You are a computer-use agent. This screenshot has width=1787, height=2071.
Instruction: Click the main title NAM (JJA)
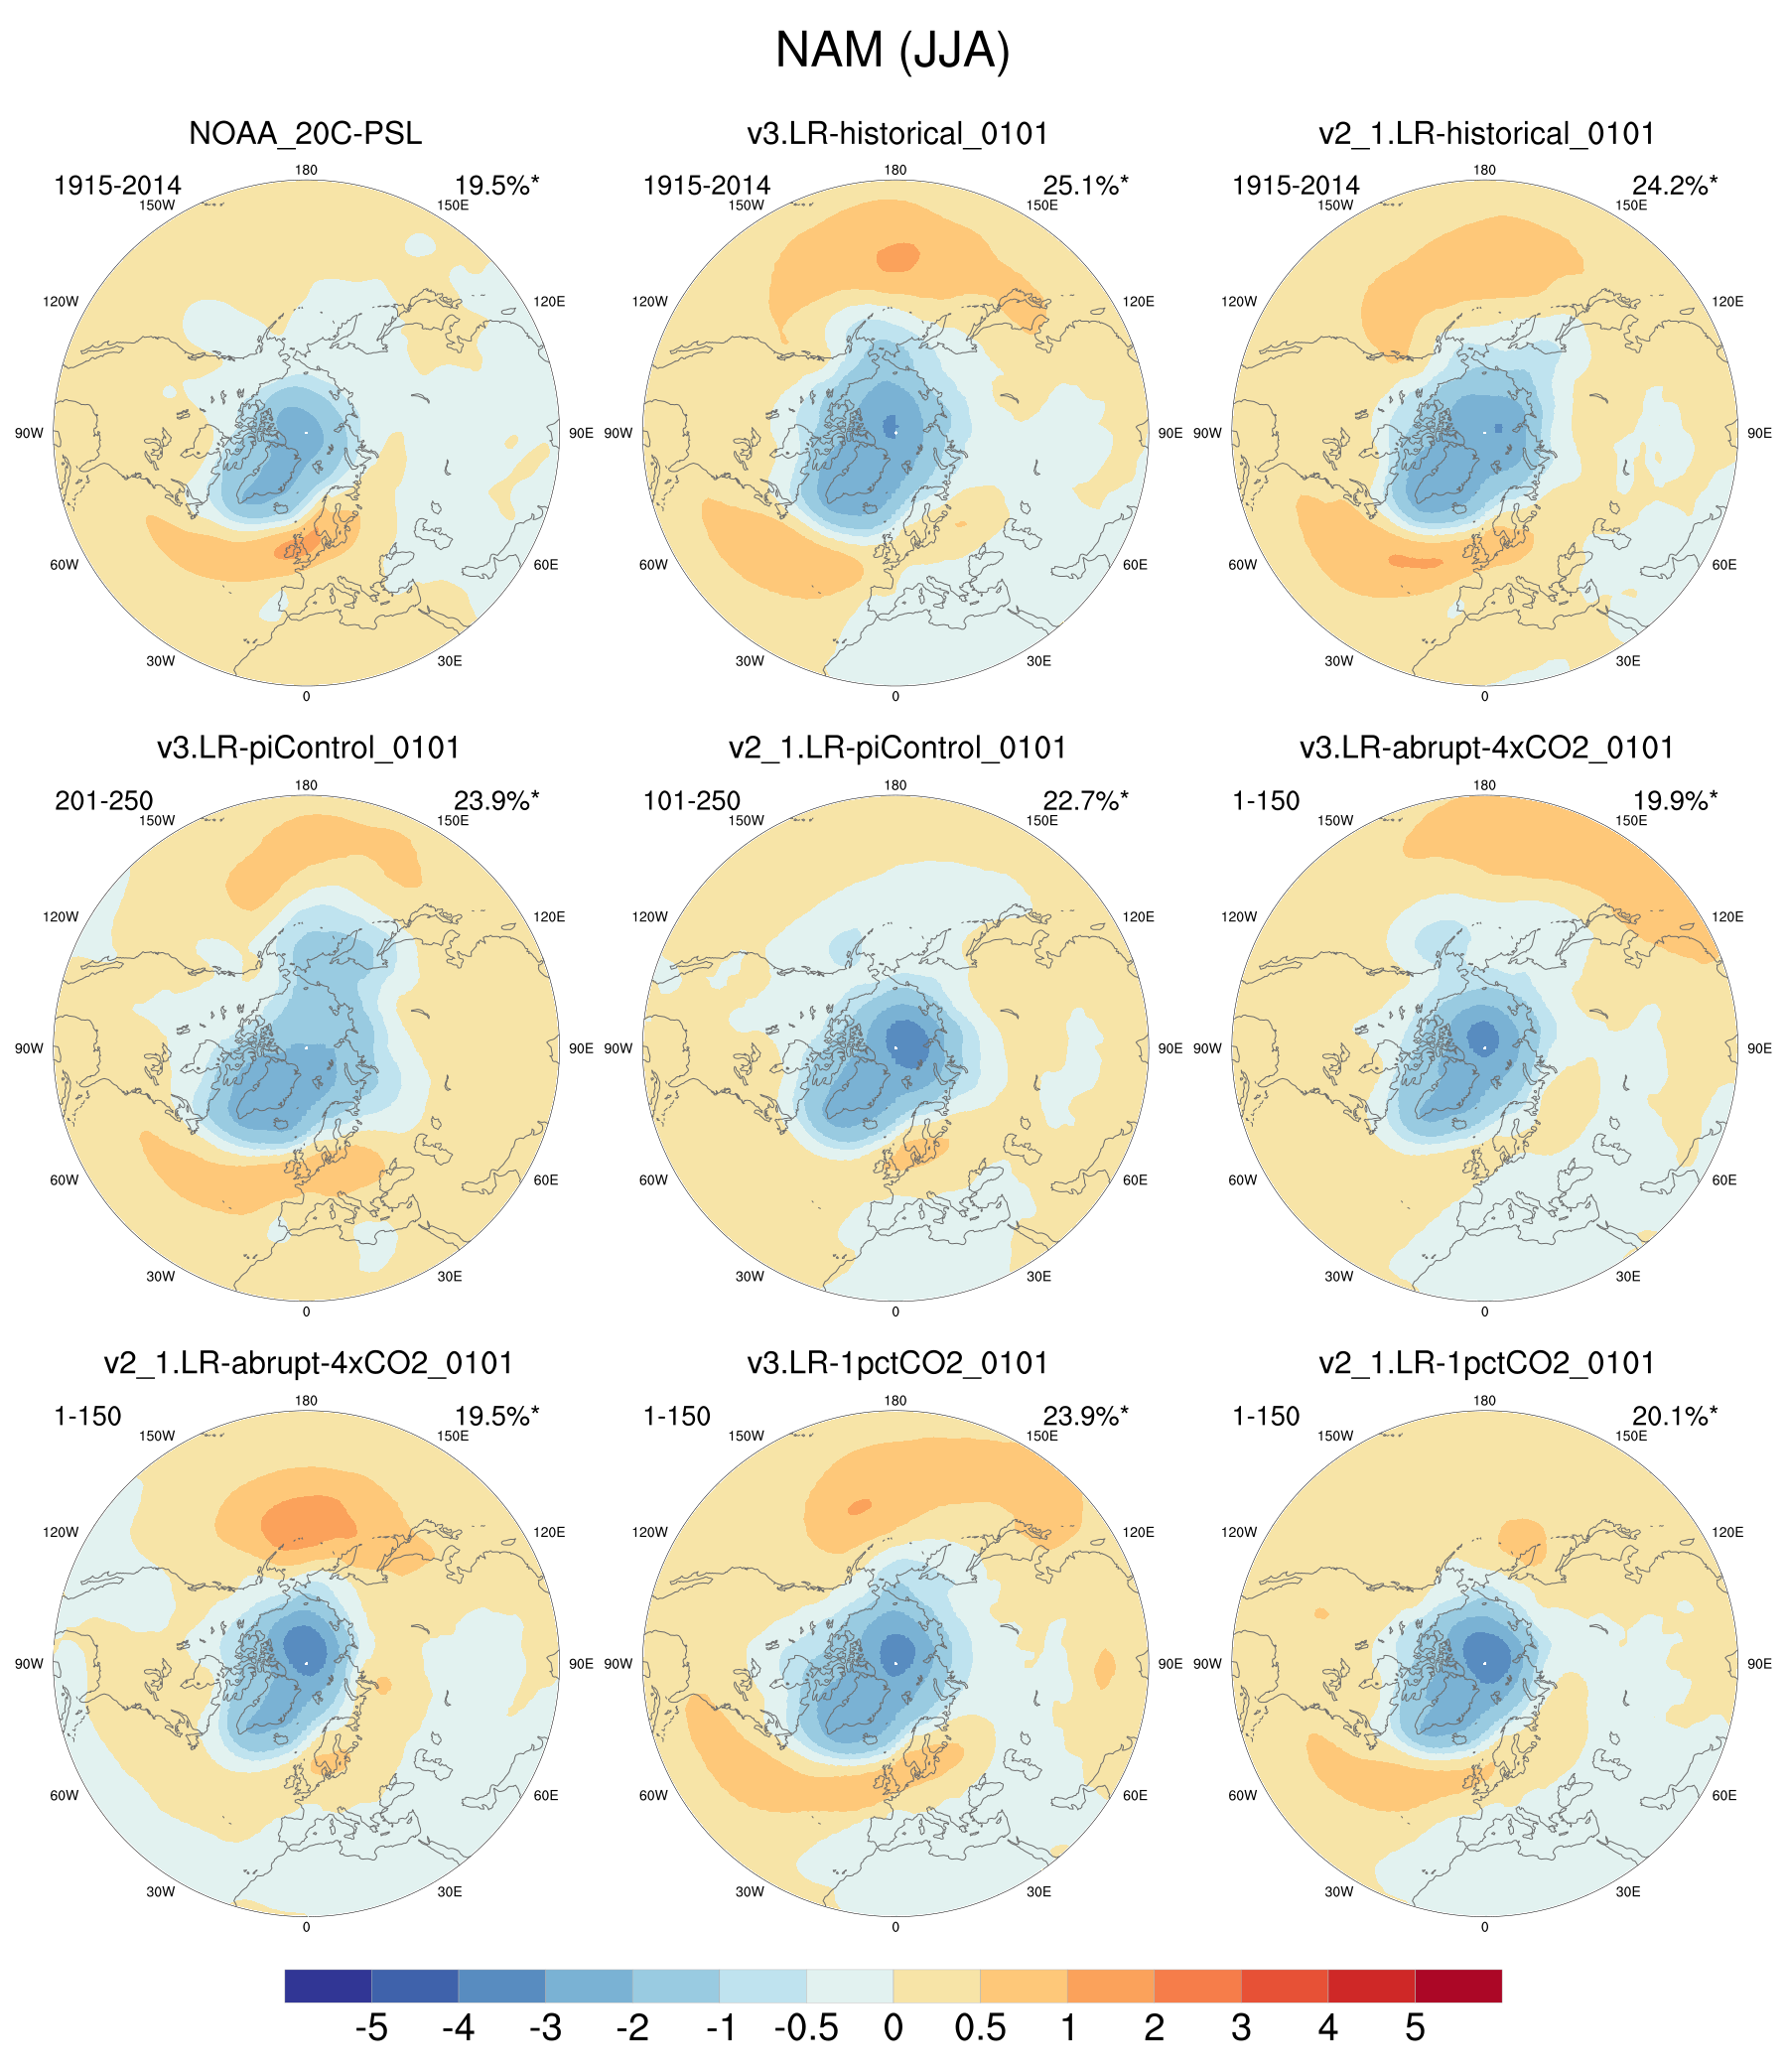[x=893, y=50]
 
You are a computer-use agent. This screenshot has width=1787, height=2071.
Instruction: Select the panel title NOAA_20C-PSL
[x=305, y=134]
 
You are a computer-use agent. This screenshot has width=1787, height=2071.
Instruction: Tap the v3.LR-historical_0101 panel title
[x=896, y=134]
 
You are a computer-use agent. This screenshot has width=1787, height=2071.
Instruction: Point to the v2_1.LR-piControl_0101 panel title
[x=896, y=748]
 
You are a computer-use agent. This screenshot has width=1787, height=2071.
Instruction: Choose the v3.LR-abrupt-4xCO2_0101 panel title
[x=1486, y=748]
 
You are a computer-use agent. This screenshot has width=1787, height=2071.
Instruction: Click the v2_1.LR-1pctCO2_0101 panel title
[x=1486, y=1363]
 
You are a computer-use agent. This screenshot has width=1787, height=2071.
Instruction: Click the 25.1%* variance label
[x=1084, y=185]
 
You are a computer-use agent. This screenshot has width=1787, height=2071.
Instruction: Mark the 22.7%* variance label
[x=1084, y=800]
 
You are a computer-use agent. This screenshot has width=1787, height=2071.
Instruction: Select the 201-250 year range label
[x=104, y=800]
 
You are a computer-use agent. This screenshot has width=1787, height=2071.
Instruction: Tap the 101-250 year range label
[x=692, y=800]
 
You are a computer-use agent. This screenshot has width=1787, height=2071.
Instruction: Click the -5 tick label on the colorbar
[x=370, y=2028]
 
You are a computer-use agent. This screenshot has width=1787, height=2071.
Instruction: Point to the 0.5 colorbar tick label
[x=981, y=2028]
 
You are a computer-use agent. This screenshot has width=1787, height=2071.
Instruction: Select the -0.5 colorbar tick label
[x=805, y=2028]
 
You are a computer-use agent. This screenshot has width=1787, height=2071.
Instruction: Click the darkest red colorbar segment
[x=1458, y=1985]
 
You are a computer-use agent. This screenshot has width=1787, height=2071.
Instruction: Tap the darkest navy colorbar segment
[x=328, y=1985]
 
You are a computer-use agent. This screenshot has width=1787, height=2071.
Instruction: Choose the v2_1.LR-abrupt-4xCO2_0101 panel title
[x=308, y=1363]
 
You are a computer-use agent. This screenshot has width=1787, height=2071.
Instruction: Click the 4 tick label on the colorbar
[x=1327, y=2028]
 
